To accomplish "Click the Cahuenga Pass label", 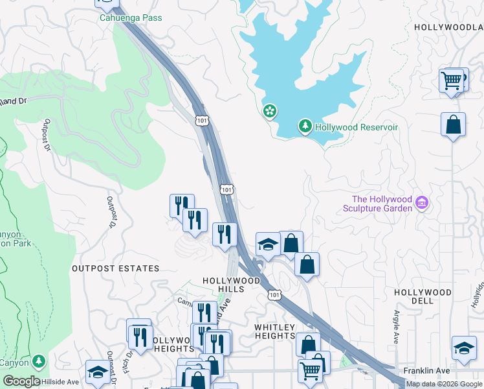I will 131,18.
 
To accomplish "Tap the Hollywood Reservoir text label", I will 356,127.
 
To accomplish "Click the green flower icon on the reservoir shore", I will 270,112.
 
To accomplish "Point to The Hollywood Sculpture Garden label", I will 381,204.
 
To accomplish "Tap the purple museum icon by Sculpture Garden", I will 422,203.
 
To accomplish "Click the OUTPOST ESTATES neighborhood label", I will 115,268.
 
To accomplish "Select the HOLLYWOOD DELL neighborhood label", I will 423,298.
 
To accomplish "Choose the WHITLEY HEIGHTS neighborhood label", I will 274,331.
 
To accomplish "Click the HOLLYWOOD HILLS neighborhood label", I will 231,285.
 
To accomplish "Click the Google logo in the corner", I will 21,381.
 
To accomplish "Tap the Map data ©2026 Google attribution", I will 444,384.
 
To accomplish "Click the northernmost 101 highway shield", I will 201,121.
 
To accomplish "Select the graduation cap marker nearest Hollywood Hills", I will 268,244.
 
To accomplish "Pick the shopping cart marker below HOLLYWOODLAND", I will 451,81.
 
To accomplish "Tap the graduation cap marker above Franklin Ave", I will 463,348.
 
